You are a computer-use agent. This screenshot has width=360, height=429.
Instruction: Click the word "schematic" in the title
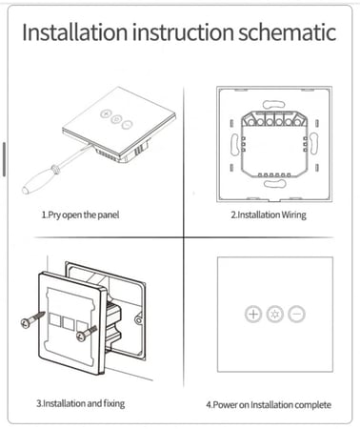pos(288,31)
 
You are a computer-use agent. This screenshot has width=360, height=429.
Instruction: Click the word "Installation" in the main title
pos(75,31)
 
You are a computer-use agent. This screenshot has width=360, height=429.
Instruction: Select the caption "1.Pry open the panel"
pos(80,215)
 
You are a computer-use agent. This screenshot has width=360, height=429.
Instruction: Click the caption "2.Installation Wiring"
pos(269,215)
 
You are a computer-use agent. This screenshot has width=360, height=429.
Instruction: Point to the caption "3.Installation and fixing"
pos(81,403)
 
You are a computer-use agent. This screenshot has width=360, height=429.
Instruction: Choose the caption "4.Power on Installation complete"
pos(269,405)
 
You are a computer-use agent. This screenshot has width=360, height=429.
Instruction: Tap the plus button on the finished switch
pos(253,315)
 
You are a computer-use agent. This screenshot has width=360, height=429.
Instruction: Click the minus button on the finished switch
pos(296,315)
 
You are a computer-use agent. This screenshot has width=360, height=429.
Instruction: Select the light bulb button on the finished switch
pos(275,315)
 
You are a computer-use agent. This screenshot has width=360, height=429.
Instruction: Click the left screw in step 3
pos(32,319)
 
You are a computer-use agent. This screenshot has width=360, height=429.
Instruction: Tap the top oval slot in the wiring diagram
pos(273,104)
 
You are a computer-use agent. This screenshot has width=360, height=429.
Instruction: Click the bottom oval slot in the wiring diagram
pos(275,184)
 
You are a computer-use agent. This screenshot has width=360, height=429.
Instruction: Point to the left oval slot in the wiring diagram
pos(235,144)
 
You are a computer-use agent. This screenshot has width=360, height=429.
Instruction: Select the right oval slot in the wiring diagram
pos(313,144)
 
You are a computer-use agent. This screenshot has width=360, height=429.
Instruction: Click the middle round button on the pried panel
pos(116,119)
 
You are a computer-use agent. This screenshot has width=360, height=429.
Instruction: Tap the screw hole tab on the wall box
pos(138,320)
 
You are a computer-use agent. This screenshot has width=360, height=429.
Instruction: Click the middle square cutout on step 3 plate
pos(69,323)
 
